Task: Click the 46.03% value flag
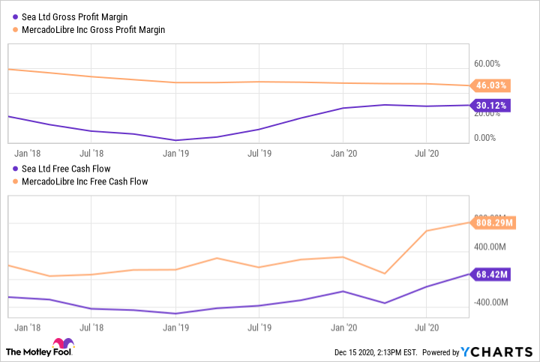[x=490, y=85]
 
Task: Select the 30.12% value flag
[x=490, y=106]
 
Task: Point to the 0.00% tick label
[x=486, y=137]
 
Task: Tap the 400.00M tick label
[x=491, y=247]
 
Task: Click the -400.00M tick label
[x=490, y=302]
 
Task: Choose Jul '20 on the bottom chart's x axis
[x=427, y=327]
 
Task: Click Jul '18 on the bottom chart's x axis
[x=91, y=327]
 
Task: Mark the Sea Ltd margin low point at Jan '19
[x=176, y=140]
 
